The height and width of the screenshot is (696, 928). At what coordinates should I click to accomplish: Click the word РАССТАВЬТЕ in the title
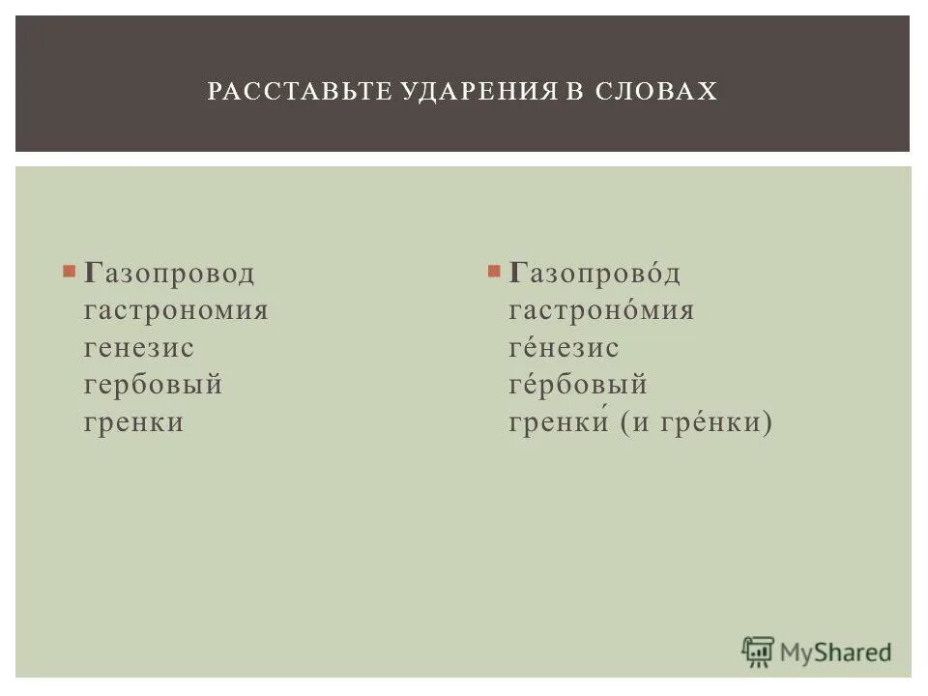[x=280, y=92]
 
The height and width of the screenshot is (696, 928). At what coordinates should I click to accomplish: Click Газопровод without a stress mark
[x=169, y=275]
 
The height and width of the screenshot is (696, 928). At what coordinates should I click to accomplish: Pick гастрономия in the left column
[x=176, y=311]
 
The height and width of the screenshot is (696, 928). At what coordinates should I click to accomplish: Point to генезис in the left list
[x=139, y=348]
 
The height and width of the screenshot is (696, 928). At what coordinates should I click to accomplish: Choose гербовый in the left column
[x=154, y=386]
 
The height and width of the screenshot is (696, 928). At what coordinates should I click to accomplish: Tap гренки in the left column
[x=133, y=422]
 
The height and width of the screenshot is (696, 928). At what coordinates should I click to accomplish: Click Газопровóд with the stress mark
[x=594, y=275]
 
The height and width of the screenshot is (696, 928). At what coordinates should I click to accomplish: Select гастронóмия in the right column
[x=601, y=311]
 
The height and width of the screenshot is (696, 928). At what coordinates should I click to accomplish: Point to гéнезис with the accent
[x=564, y=348]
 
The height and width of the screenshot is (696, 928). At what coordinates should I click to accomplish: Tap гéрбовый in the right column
[x=578, y=386]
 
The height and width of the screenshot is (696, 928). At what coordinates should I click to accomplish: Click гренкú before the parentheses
[x=558, y=422]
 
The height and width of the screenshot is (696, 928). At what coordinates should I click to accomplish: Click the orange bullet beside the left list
[x=69, y=272]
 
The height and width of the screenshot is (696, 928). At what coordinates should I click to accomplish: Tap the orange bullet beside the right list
[x=494, y=272]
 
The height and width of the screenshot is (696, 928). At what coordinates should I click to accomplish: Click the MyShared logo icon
[x=758, y=652]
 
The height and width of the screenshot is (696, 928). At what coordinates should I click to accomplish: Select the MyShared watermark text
[x=835, y=653]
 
